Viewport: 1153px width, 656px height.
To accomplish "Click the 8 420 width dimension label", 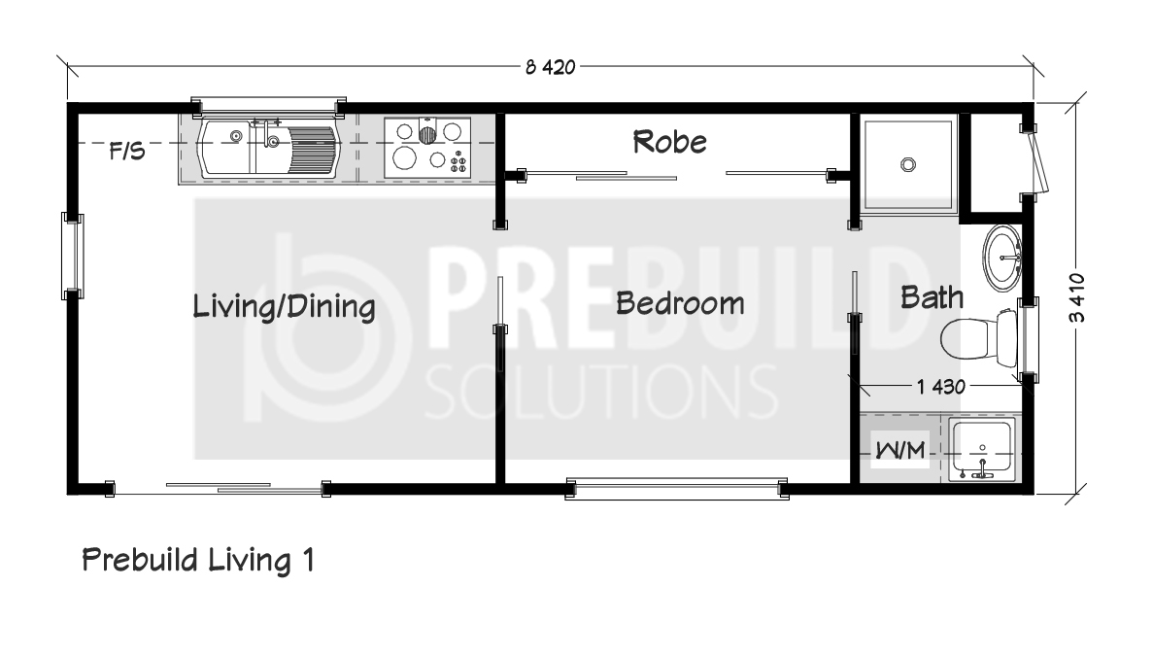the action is coord(550,68).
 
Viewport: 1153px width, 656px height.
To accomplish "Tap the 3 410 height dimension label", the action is coord(1076,297).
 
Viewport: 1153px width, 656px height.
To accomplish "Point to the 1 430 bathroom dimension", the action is coord(940,386).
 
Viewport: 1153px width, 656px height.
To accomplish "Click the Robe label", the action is coord(669,142).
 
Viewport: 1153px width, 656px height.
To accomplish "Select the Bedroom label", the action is coord(679,303).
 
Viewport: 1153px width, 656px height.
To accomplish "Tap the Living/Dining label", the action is coord(284,307).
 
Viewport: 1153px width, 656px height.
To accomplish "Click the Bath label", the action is coord(932,297).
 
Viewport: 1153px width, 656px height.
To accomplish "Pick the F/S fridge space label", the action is coord(127,152).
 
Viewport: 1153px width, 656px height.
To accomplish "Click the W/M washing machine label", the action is coord(900,449).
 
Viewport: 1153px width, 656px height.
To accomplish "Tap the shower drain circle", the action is coord(908,165).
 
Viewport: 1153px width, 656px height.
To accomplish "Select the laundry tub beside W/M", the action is coord(982,450).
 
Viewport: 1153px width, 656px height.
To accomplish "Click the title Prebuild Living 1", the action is coord(198,561).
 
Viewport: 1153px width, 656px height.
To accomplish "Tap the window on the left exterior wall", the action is coord(72,257).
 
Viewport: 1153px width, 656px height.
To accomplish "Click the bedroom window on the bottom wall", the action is coord(676,488).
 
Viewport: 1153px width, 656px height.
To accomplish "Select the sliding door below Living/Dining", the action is coord(219,488).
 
